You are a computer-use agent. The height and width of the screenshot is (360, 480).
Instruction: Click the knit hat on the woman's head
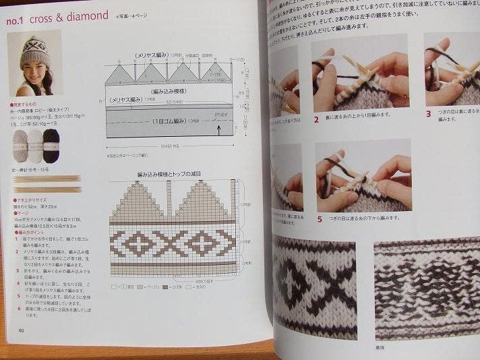pos(34,49)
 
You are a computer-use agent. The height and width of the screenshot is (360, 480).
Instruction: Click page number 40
pos(22,330)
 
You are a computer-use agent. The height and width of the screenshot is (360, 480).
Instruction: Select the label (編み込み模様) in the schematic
pos(167,90)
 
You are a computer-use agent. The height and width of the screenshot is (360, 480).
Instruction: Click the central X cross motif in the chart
pos(173,243)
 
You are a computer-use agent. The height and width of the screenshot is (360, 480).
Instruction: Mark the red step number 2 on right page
pos(316,120)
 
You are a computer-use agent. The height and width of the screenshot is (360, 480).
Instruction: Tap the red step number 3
pos(428,114)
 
